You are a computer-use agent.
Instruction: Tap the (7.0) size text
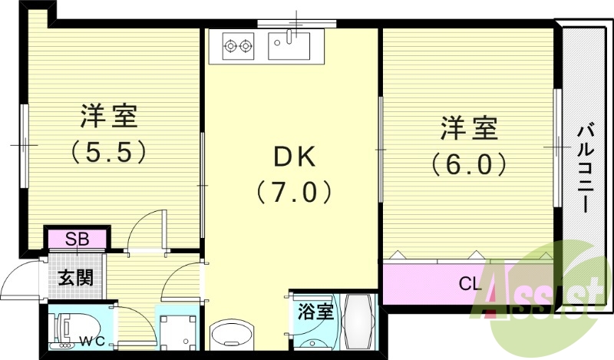[x=295, y=190]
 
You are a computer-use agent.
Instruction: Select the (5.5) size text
[x=109, y=152]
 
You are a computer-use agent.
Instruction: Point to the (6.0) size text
[x=468, y=163]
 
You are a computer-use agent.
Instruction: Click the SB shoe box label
[x=78, y=239]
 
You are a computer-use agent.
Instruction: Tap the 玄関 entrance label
[x=76, y=276]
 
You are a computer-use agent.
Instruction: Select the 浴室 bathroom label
[x=315, y=312]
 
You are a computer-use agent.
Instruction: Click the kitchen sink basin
[x=289, y=46]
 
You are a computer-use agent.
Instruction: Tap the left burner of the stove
[x=230, y=47]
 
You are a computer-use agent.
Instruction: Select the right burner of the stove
[x=247, y=47]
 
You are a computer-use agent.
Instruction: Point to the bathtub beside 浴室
[x=357, y=323]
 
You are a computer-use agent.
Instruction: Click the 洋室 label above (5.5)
[x=109, y=117]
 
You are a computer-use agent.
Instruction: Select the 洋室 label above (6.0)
[x=468, y=128]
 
